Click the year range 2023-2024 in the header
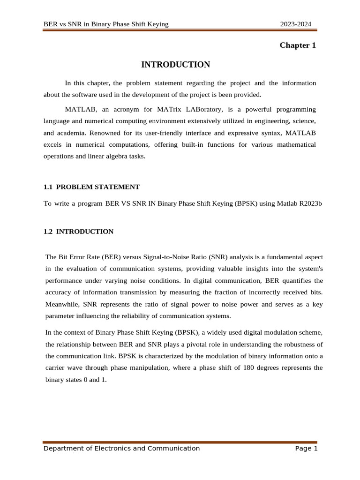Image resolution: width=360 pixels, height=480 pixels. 296,24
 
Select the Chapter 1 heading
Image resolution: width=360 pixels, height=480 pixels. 298,45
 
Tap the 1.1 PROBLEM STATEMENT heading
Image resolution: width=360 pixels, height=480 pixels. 91,187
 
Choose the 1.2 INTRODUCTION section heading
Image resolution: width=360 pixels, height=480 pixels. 78,232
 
